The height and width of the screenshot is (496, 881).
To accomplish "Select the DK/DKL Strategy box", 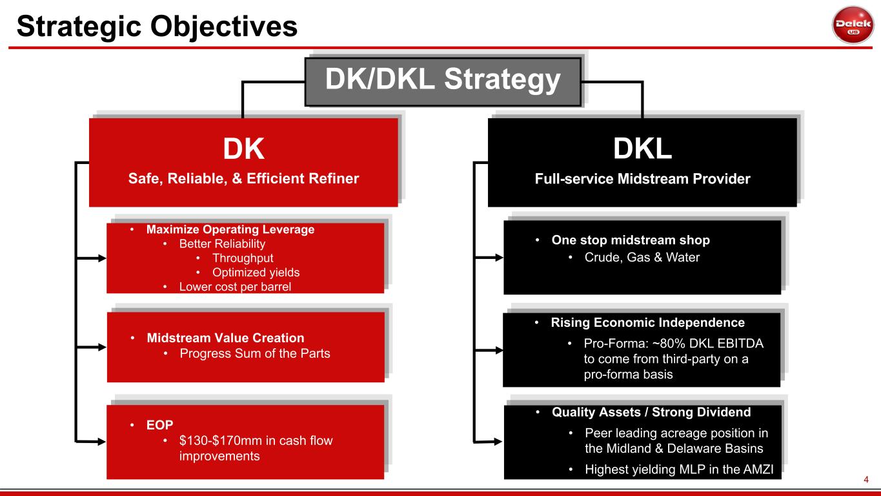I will pyautogui.click(x=443, y=81).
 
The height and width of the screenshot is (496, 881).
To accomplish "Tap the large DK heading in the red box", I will pyautogui.click(x=243, y=149).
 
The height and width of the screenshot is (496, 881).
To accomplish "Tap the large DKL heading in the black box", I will pyautogui.click(x=642, y=149).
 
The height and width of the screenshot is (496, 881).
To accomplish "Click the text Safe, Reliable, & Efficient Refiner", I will pyautogui.click(x=243, y=179).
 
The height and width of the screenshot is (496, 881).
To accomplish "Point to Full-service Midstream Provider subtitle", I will pyautogui.click(x=642, y=179).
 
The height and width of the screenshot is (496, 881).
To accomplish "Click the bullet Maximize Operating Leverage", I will pyautogui.click(x=230, y=229).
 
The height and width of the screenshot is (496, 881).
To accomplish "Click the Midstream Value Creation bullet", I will pyautogui.click(x=225, y=338).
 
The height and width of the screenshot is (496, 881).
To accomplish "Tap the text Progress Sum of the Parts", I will pyautogui.click(x=254, y=353).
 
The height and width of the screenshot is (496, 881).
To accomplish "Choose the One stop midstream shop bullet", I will pyautogui.click(x=631, y=240).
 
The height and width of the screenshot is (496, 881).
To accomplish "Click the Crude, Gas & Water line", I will pyautogui.click(x=642, y=258).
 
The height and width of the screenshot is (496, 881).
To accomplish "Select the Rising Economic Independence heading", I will pyautogui.click(x=647, y=322).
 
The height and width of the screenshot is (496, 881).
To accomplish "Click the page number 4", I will pyautogui.click(x=867, y=480).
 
